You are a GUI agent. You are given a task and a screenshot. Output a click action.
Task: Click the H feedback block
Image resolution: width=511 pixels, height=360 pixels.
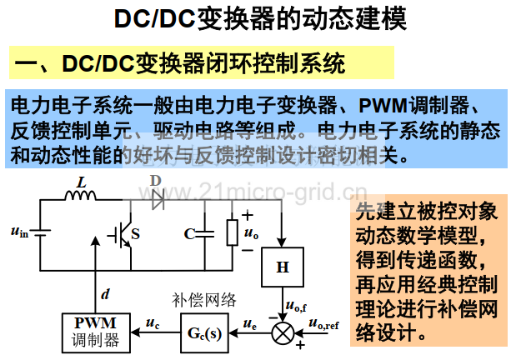pyautogui.click(x=283, y=267)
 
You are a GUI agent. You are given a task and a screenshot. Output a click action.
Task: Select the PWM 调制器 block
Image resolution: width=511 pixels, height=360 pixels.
pyautogui.click(x=96, y=333)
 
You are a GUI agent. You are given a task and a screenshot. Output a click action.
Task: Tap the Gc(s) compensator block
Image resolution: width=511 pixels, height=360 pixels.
pyautogui.click(x=205, y=333)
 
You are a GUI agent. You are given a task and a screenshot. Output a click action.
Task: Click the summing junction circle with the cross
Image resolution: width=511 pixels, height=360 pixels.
pyautogui.click(x=283, y=333)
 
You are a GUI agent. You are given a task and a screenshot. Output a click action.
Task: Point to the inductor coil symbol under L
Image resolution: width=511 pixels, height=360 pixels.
pyautogui.click(x=81, y=195)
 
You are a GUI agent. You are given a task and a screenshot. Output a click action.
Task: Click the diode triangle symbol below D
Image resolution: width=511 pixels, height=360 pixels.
pyautogui.click(x=158, y=200)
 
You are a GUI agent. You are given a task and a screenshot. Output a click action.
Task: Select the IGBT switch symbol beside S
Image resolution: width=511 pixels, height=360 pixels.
pyautogui.click(x=121, y=234)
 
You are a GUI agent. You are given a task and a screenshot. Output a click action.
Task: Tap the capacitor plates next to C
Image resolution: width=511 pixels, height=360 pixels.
pyautogui.click(x=205, y=233)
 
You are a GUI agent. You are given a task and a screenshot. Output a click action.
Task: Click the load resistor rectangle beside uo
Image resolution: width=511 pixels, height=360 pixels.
pyautogui.click(x=233, y=232)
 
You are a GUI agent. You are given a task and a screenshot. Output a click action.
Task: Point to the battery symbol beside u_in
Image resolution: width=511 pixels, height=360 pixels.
pyautogui.click(x=40, y=232)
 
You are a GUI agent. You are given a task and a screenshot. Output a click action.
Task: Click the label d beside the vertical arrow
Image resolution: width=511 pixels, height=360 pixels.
pyautogui.click(x=105, y=294)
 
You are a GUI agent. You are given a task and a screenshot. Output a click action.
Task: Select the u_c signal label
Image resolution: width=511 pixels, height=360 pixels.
pyautogui.click(x=153, y=322)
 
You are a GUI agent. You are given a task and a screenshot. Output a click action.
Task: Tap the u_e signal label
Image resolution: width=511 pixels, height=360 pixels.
pyautogui.click(x=249, y=323)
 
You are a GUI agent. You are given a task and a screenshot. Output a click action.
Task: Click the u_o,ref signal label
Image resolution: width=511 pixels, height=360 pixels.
pyautogui.click(x=323, y=323)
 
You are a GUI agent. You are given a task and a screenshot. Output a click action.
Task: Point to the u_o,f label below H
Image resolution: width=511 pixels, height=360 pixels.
pyautogui.click(x=296, y=306)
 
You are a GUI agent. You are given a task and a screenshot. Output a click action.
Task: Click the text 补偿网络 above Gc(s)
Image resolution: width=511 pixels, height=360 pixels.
pyautogui.click(x=203, y=300)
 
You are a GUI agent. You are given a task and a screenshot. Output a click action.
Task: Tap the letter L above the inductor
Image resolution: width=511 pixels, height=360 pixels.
pyautogui.click(x=82, y=182)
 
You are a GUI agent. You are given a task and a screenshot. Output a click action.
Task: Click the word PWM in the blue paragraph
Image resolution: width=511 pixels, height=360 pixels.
pyautogui.click(x=383, y=106)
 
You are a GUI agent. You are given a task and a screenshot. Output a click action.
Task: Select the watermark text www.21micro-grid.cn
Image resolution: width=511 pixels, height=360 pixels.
pyautogui.click(x=253, y=192)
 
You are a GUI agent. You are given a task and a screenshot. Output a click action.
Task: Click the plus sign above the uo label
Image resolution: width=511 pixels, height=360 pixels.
pyautogui.click(x=248, y=215)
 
